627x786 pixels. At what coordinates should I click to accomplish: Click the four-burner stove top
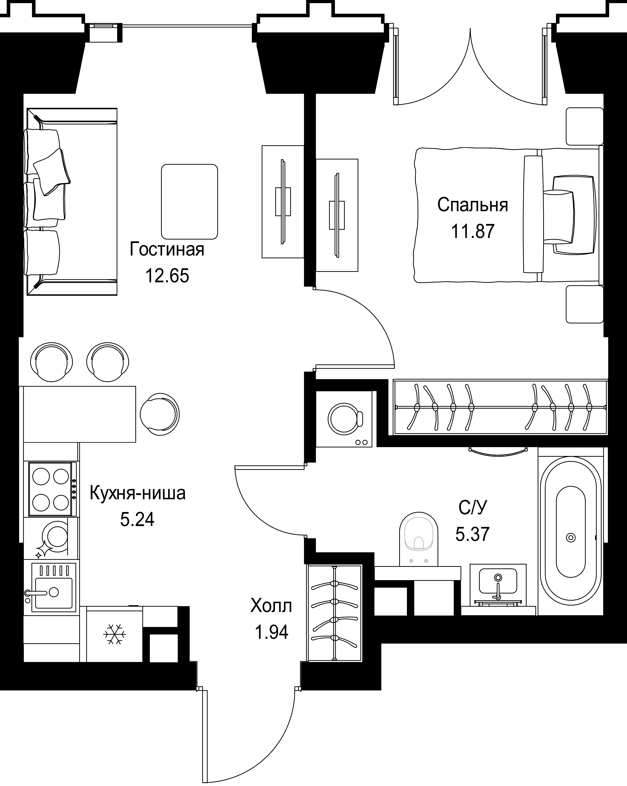pyautogui.click(x=51, y=489)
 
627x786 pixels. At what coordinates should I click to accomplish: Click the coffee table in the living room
pyautogui.click(x=189, y=202)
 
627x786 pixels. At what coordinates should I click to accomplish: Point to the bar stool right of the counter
pyautogui.click(x=160, y=414)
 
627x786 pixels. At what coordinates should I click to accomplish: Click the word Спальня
pyautogui.click(x=473, y=205)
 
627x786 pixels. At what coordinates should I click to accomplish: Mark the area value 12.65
pyautogui.click(x=167, y=276)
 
